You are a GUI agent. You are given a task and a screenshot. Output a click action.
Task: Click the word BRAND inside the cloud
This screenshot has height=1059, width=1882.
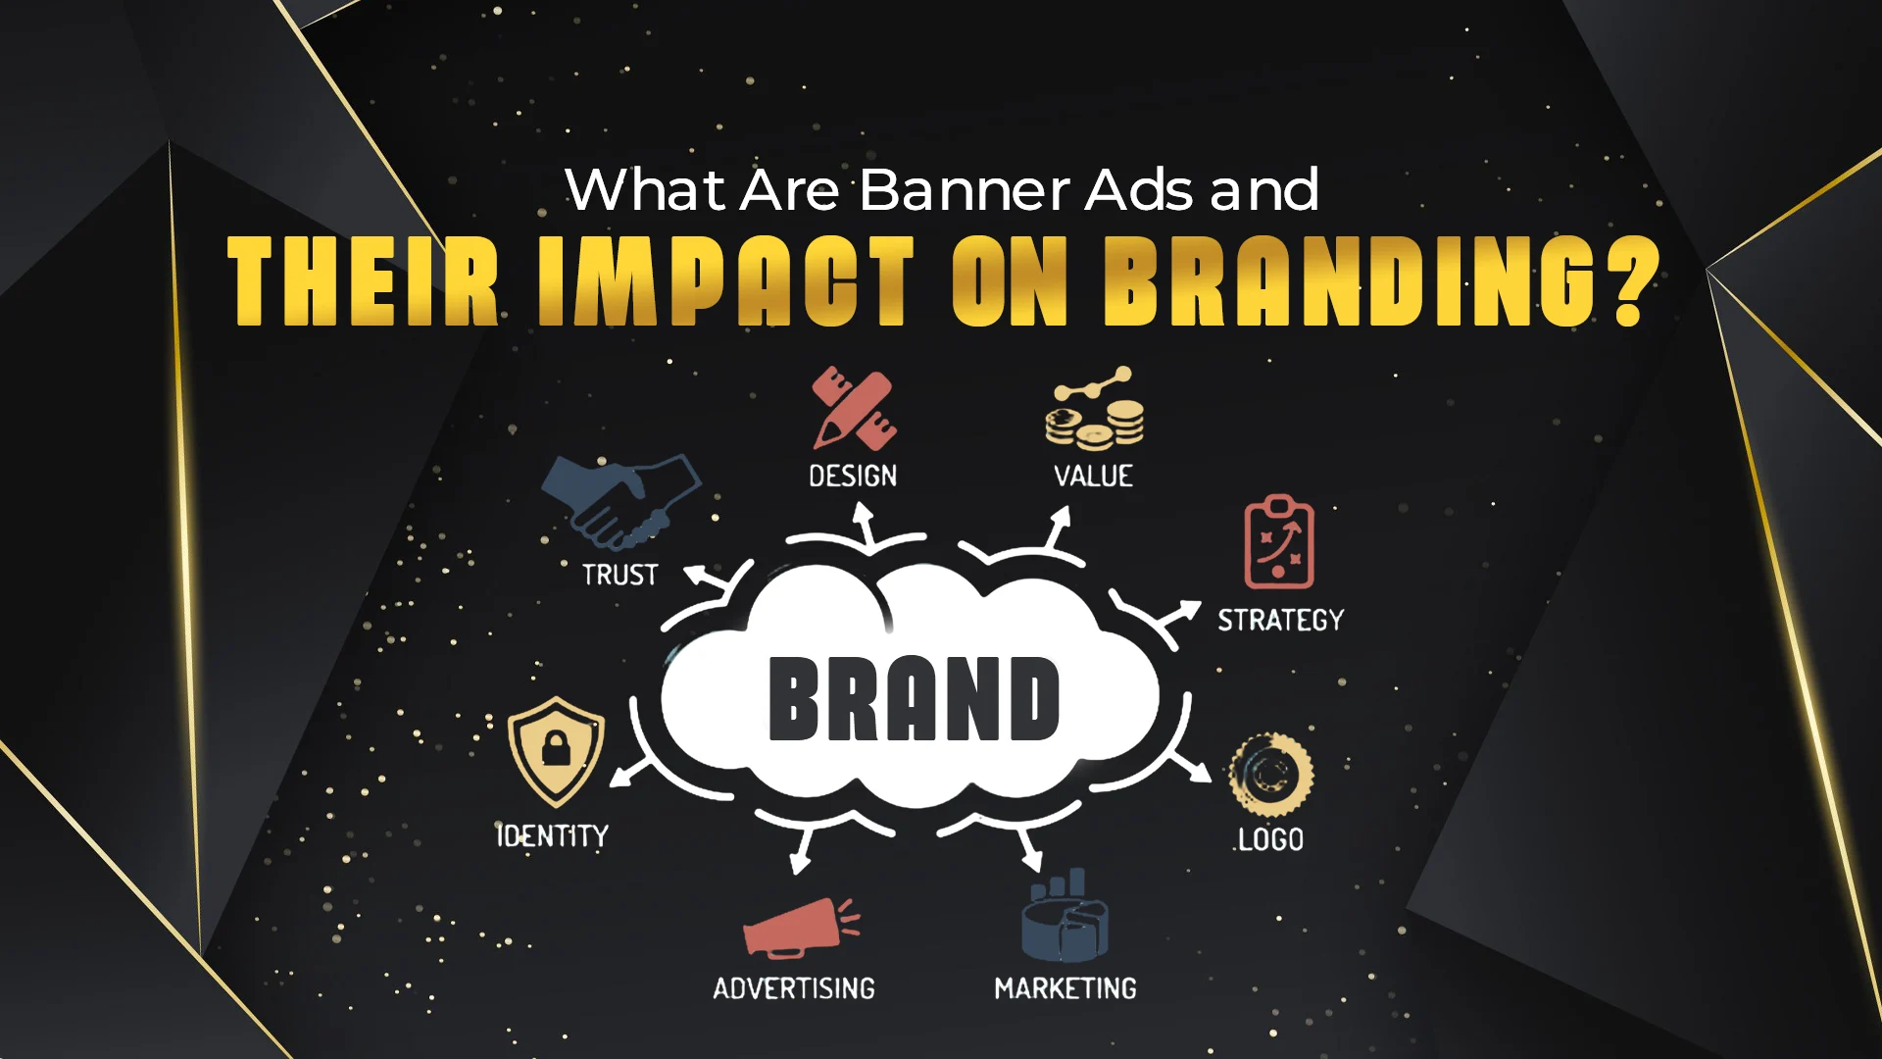pos(914,697)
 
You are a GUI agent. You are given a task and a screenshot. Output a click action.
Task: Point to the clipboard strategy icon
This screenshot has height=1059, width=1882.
pos(1279,541)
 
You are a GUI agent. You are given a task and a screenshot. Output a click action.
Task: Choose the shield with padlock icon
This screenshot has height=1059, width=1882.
pos(556,751)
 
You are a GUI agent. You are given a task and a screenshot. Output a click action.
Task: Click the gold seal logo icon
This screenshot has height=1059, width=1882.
pos(1270,775)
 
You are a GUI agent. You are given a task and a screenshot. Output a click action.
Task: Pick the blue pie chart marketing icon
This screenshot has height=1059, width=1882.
pos(1065,915)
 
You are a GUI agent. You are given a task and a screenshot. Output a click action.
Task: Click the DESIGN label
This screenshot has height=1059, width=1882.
pos(853,477)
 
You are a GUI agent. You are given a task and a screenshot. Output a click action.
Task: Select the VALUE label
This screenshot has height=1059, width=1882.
pos(1093,477)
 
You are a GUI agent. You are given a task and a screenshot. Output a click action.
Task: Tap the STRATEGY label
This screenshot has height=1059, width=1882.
pos(1280,620)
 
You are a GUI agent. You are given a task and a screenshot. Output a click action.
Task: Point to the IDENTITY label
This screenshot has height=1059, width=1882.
pos(552,835)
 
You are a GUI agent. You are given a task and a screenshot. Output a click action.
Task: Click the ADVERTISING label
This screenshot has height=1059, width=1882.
pos(794,988)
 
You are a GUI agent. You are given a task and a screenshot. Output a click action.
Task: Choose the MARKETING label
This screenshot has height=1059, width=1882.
pos(1065,988)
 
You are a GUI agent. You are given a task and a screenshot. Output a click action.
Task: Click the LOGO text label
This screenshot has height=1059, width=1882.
pos(1270,839)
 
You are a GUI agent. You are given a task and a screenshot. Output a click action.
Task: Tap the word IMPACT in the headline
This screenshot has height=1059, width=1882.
pos(726,280)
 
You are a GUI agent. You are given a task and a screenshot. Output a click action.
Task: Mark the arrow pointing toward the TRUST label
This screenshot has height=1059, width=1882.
pos(707,578)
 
